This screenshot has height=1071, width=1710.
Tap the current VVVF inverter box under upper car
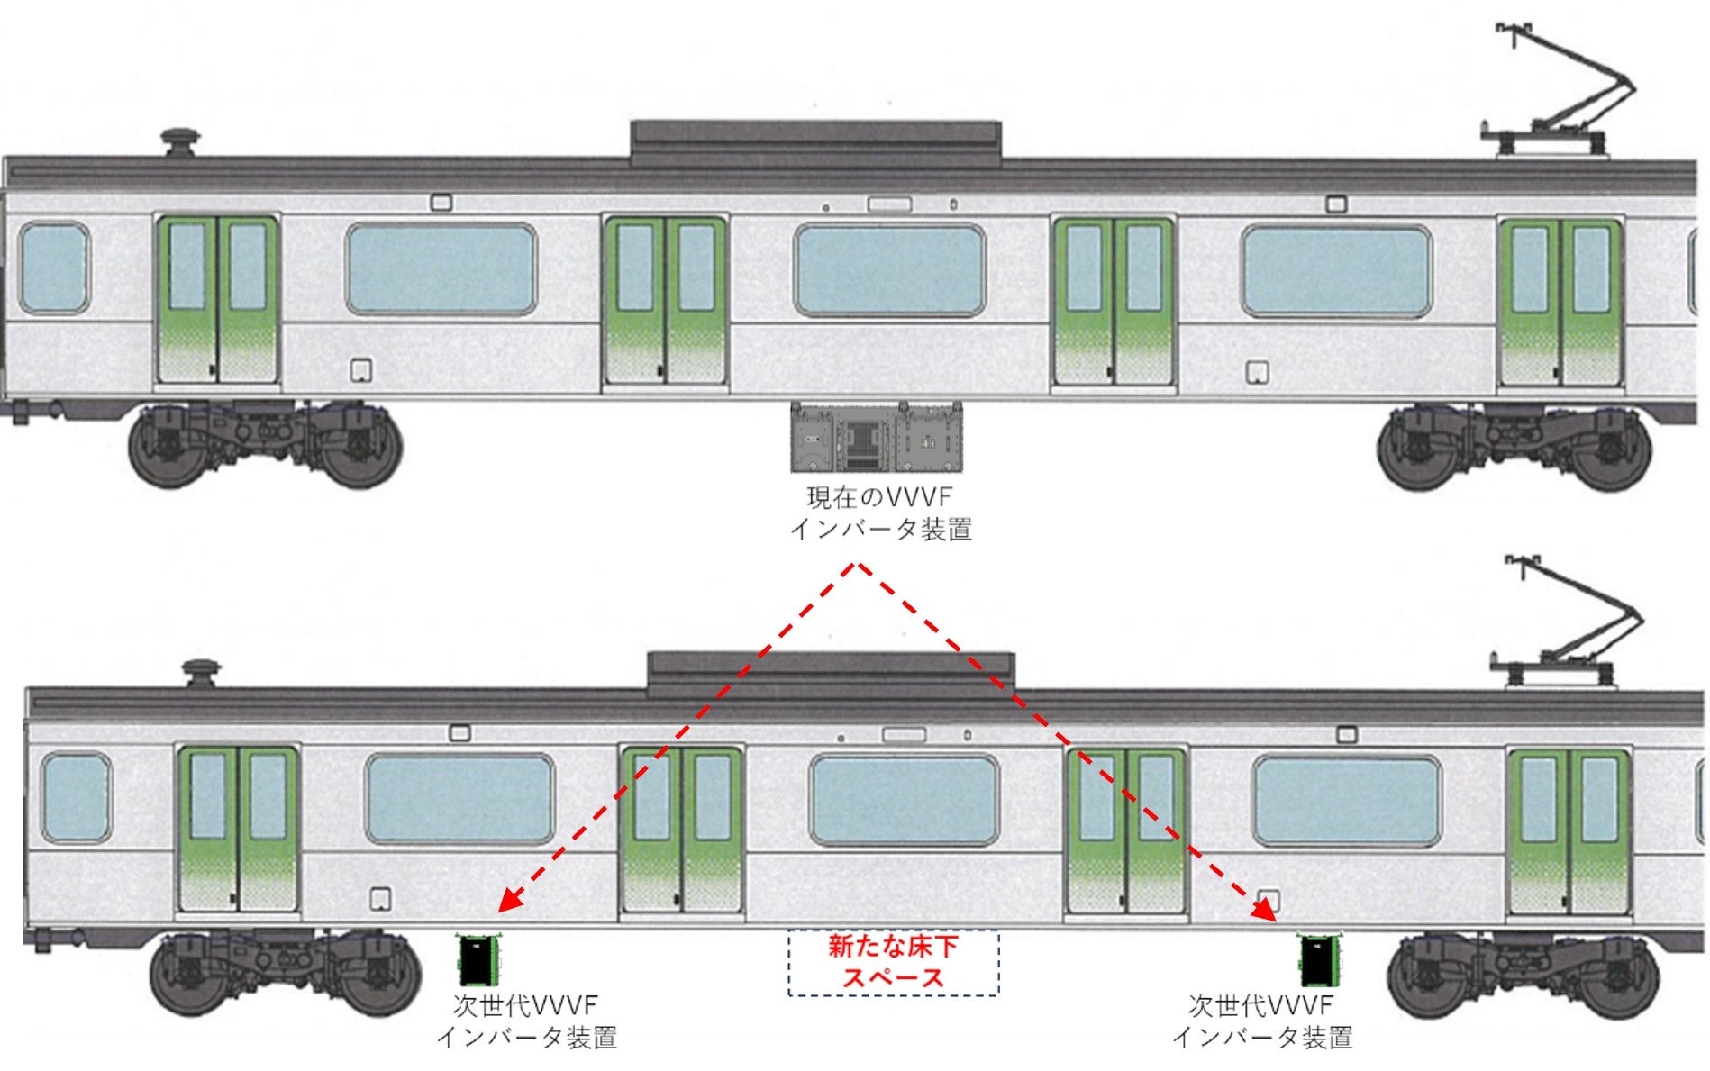tap(876, 438)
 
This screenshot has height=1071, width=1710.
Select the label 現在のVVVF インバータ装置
tap(879, 513)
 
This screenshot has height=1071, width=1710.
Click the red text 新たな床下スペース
tap(893, 962)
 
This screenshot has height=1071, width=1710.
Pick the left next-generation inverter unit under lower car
tap(479, 960)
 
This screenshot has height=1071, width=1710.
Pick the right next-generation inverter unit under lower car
tap(1318, 960)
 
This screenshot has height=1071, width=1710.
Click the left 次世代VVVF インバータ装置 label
tap(526, 1021)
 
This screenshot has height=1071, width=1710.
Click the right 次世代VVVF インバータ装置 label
tap(1261, 1021)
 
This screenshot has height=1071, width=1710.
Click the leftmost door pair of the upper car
tap(217, 300)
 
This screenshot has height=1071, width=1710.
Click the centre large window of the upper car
tap(888, 270)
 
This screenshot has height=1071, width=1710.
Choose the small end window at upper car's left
tap(54, 268)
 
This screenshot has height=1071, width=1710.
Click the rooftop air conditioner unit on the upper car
tap(815, 142)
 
